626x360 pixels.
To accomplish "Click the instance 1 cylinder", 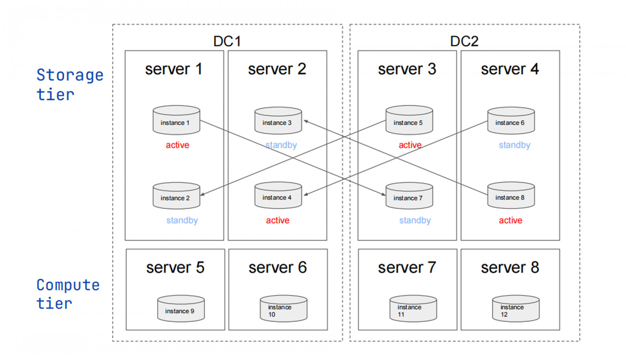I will (x=176, y=120).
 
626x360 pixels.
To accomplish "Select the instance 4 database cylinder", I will (x=278, y=196).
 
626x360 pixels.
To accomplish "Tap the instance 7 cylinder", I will (x=409, y=196).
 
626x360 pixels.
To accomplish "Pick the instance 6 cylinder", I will (x=510, y=121).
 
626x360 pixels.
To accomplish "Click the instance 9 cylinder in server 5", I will (x=181, y=309).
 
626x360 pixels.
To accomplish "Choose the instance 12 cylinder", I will (x=516, y=309).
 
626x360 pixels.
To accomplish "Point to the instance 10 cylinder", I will (x=283, y=309).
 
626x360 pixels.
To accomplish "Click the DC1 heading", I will (x=227, y=41).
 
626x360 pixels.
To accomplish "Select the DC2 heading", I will (x=464, y=41).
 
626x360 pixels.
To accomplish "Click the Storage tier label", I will (x=69, y=85).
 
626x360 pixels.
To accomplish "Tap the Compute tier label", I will (x=67, y=294).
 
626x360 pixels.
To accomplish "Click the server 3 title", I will (x=407, y=69).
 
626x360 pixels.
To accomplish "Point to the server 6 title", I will (x=277, y=268).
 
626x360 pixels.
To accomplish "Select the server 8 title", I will (x=510, y=268).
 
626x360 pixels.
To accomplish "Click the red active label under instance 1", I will (x=177, y=145).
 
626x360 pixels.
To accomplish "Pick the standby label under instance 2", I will (x=182, y=220).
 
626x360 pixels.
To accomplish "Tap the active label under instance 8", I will (x=510, y=220).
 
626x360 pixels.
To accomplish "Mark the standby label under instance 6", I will (x=514, y=145).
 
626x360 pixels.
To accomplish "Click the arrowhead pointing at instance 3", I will (x=306, y=121).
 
